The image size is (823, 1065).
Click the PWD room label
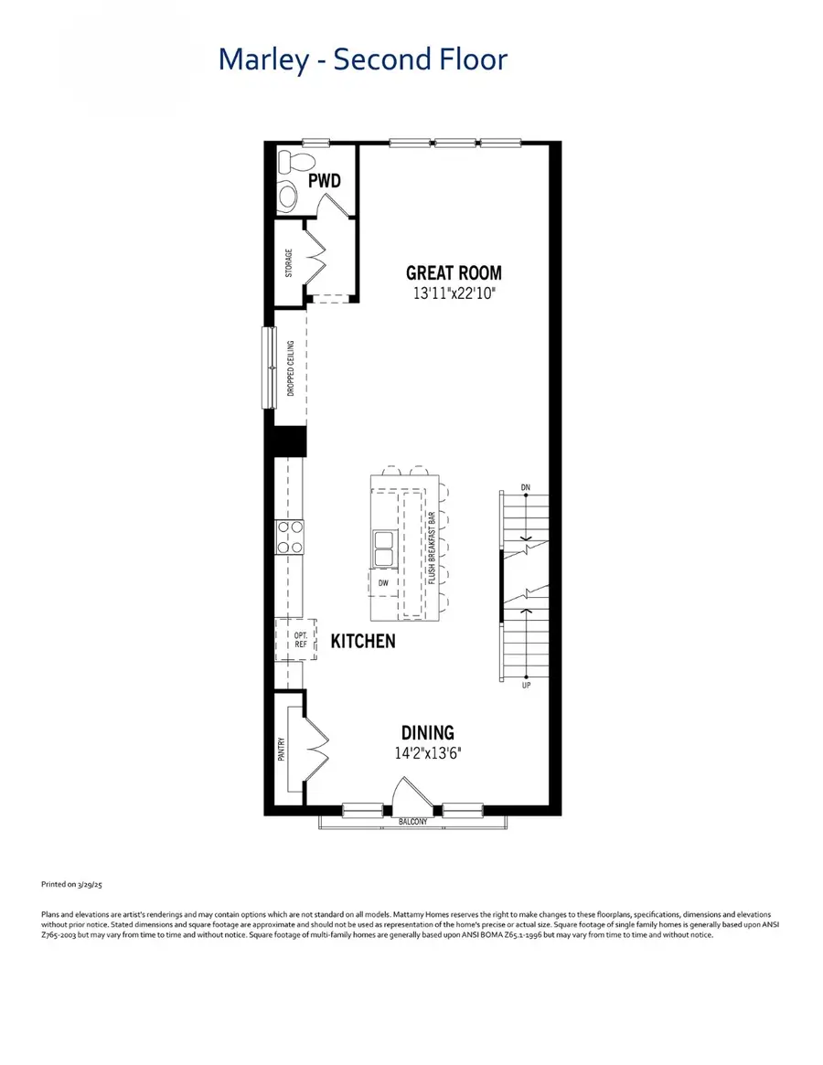click(x=324, y=181)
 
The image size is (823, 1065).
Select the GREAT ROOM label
click(x=454, y=272)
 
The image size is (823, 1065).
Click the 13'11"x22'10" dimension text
click(x=454, y=294)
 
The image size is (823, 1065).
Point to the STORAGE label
click(x=289, y=264)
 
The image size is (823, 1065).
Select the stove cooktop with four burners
click(x=290, y=537)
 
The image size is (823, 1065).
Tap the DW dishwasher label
click(x=384, y=582)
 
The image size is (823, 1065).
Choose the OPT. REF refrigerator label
click(x=299, y=640)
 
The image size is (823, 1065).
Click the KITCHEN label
click(x=363, y=641)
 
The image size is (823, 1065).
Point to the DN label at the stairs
click(x=526, y=487)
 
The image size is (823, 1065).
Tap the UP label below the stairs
click(x=526, y=684)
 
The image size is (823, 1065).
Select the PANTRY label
click(x=282, y=750)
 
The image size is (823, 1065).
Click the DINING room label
click(x=427, y=732)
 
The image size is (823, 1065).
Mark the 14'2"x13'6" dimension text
click(x=427, y=754)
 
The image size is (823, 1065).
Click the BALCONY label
click(x=412, y=822)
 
